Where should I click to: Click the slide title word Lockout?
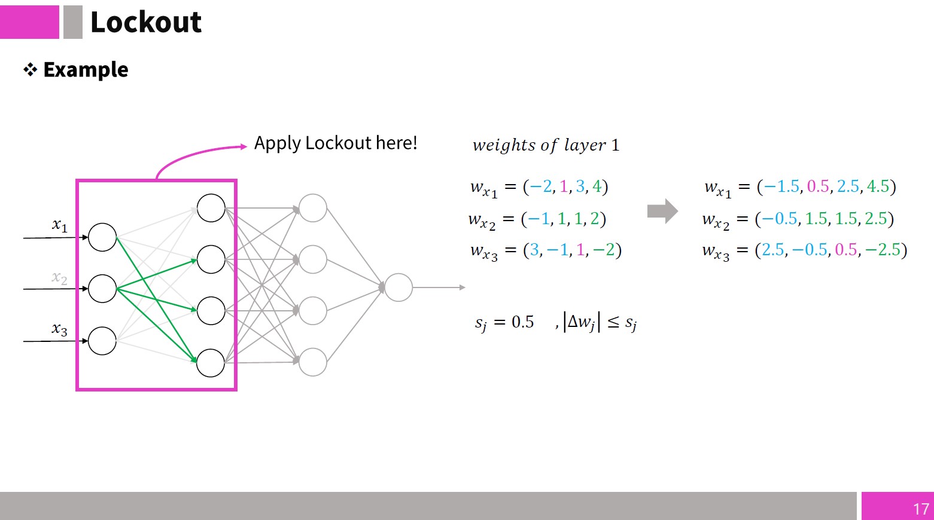click(x=146, y=22)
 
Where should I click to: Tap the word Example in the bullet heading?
click(x=86, y=69)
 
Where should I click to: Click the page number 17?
click(x=921, y=509)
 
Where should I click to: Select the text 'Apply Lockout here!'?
click(x=336, y=143)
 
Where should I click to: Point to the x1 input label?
click(x=60, y=225)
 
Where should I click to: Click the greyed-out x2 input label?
click(x=60, y=277)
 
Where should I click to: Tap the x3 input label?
click(x=60, y=329)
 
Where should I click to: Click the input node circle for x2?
click(x=102, y=288)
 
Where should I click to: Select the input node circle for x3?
click(x=102, y=341)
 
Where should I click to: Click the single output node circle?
click(x=398, y=287)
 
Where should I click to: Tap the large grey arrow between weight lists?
click(x=662, y=211)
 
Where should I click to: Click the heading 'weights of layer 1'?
click(x=546, y=145)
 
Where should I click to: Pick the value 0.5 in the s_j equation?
click(x=523, y=322)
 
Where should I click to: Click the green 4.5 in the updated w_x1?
click(x=878, y=186)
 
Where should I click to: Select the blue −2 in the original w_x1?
click(x=541, y=186)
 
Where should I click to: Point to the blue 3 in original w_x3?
click(x=534, y=250)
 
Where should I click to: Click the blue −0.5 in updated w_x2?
click(x=779, y=218)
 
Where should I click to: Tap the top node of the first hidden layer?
click(x=211, y=208)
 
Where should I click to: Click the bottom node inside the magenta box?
click(x=211, y=363)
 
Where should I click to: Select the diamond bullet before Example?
click(x=30, y=69)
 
